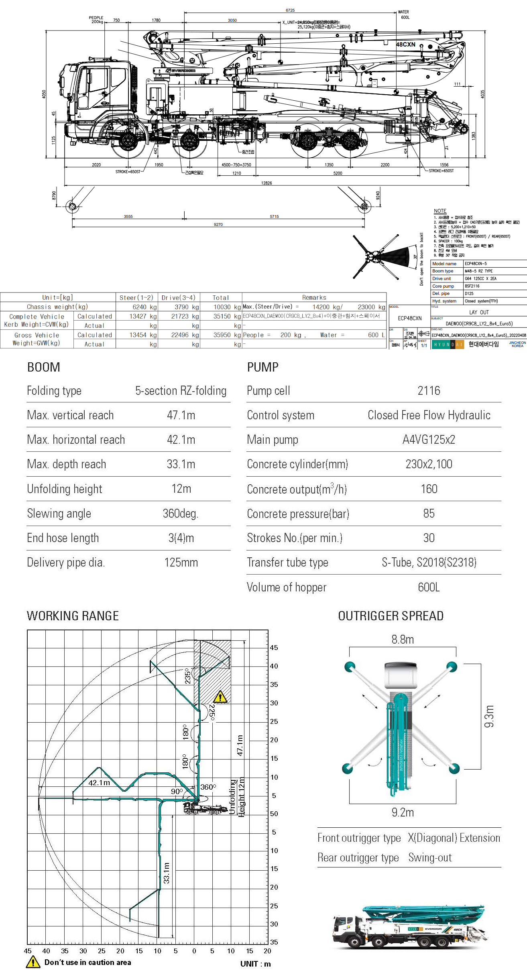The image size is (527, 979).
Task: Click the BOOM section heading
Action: point(43,367)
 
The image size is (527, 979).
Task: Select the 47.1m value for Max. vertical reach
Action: point(181,415)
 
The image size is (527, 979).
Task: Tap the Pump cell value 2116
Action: point(429,391)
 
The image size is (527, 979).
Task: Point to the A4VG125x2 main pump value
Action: point(429,440)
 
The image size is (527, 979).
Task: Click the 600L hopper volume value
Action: point(429,587)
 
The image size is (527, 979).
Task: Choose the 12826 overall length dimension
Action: point(267,183)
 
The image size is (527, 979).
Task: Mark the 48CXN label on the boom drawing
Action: point(406,45)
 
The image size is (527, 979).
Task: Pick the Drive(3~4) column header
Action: point(178,298)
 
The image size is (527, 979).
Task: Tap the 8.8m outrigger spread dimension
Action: point(403,640)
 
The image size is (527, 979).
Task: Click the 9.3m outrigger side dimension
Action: point(489,716)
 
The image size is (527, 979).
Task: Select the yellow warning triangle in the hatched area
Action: point(220,697)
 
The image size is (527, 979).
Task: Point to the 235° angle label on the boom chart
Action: point(187,676)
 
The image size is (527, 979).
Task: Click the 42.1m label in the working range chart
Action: point(99,783)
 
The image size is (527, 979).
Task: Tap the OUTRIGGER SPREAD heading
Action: point(391,616)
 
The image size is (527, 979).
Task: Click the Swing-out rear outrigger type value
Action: point(430,857)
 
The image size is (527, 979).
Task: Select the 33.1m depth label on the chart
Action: point(167,873)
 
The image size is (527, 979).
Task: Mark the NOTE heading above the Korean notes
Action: point(440,211)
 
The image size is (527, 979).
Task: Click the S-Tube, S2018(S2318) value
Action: point(429,563)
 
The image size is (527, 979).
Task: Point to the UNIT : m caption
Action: point(255,964)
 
